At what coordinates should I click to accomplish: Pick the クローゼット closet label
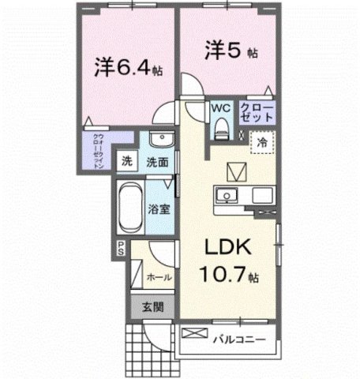click(x=257, y=111)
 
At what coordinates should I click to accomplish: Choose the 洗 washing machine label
click(x=126, y=162)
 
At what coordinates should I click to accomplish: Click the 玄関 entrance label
click(x=152, y=308)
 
